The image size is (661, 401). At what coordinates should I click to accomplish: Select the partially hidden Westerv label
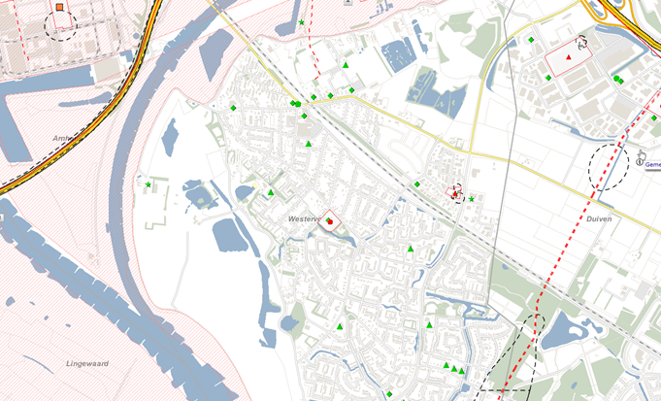304,219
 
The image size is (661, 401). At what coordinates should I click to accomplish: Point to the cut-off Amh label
65,139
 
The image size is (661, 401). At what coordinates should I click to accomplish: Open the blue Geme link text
652,165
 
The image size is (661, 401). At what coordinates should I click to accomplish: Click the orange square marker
60,8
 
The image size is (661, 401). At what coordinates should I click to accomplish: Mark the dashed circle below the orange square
60,25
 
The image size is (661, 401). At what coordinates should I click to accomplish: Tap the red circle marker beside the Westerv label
330,222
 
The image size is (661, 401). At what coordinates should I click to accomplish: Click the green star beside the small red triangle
472,199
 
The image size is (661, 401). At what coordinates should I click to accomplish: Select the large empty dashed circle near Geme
609,167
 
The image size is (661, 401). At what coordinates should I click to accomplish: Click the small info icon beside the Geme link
642,153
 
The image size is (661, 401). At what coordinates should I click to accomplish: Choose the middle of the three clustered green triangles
453,368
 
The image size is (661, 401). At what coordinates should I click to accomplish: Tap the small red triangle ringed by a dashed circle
455,193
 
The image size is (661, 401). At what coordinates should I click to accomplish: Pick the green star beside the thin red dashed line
301,22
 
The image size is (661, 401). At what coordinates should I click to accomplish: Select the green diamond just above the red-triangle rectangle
531,40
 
